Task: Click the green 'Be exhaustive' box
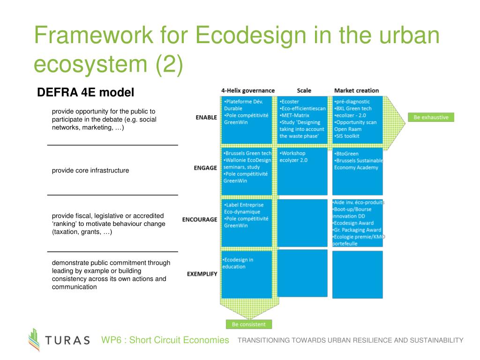coord(431,117)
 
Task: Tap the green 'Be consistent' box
coord(248,324)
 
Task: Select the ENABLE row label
coord(206,118)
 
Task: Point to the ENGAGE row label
coord(205,168)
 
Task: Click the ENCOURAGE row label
coord(200,219)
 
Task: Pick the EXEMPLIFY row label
coord(202,274)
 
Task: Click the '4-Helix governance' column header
coord(248,90)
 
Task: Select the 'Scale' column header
coord(304,90)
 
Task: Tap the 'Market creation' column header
coord(356,90)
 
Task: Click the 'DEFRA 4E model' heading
coord(85,93)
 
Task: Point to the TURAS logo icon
coord(34,339)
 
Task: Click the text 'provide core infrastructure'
coord(90,171)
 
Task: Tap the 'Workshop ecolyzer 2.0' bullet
coord(293,157)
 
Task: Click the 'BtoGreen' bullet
coord(346,153)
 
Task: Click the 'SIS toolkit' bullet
coord(347,136)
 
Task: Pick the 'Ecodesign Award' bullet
coord(354,223)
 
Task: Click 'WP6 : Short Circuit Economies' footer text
coord(165,340)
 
